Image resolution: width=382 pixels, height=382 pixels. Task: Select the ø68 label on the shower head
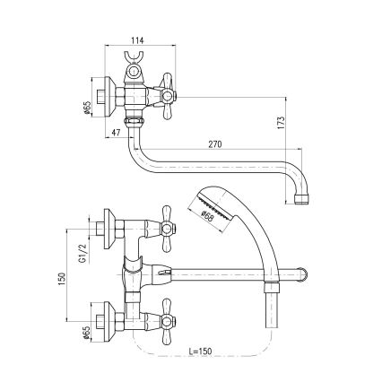coord(207,214)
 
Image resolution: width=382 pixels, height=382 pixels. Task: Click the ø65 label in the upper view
coord(86,108)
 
